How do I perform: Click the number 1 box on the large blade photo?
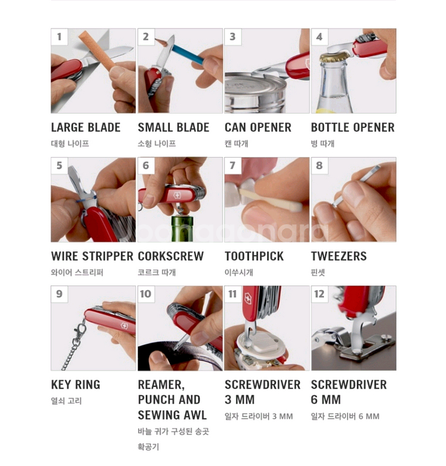tap(59, 37)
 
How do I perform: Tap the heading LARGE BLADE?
tap(86, 127)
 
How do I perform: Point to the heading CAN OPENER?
tap(258, 127)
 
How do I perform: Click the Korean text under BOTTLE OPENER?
tap(322, 144)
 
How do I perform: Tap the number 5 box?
tap(59, 165)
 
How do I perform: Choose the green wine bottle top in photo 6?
tap(182, 228)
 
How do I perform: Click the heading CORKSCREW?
tap(171, 256)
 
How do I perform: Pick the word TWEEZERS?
tap(339, 256)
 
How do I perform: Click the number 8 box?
tap(319, 165)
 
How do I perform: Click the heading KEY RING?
tap(76, 385)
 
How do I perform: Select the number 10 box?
tap(146, 294)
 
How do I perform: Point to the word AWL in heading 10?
tap(195, 415)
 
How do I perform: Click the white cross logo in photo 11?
tap(247, 298)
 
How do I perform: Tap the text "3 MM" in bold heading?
tap(239, 399)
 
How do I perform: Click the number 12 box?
tap(320, 294)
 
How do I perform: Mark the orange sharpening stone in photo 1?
tap(96, 50)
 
